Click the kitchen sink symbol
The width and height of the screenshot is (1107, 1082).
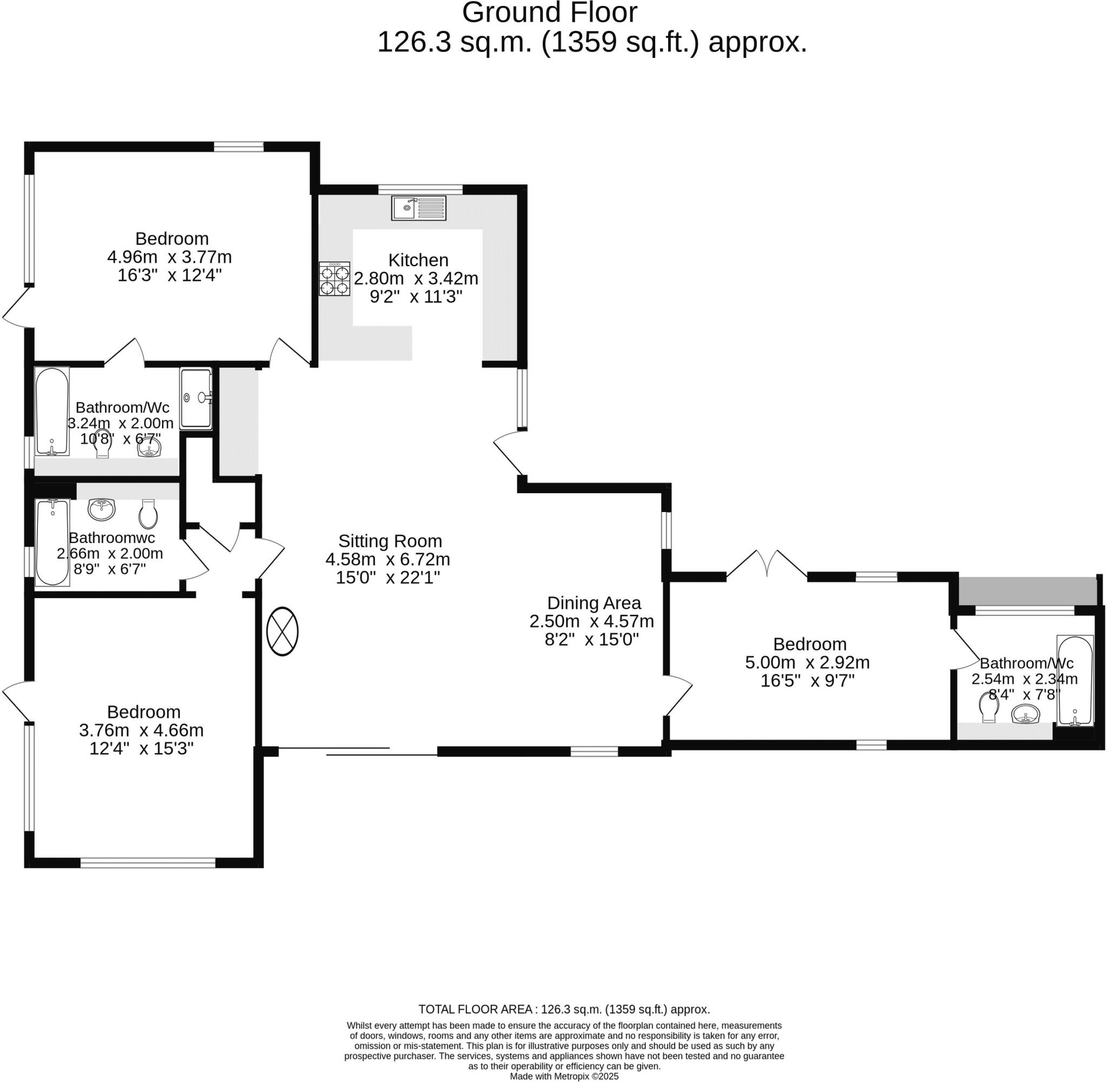pyautogui.click(x=418, y=208)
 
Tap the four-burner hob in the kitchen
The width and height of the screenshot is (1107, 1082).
pyautogui.click(x=334, y=278)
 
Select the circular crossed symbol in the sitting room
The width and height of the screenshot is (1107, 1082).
pyautogui.click(x=282, y=632)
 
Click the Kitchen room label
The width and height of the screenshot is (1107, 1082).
pyautogui.click(x=418, y=260)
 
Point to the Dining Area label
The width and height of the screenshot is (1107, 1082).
pyautogui.click(x=593, y=602)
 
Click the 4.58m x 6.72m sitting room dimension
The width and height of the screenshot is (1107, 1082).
pyautogui.click(x=388, y=559)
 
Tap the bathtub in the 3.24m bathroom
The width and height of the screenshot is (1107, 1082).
pyautogui.click(x=52, y=411)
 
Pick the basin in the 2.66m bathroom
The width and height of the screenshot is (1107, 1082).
pyautogui.click(x=102, y=509)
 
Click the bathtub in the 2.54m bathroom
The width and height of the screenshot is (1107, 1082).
pyautogui.click(x=1075, y=680)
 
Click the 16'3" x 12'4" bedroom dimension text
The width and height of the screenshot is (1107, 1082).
pyautogui.click(x=169, y=276)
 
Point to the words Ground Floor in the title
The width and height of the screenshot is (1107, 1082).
pyautogui.click(x=549, y=12)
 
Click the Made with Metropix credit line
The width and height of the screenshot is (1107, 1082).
pyautogui.click(x=563, y=1076)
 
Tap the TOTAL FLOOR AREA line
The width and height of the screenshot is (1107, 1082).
pyautogui.click(x=563, y=1009)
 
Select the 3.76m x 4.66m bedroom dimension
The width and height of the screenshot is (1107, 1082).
pyautogui.click(x=141, y=730)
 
